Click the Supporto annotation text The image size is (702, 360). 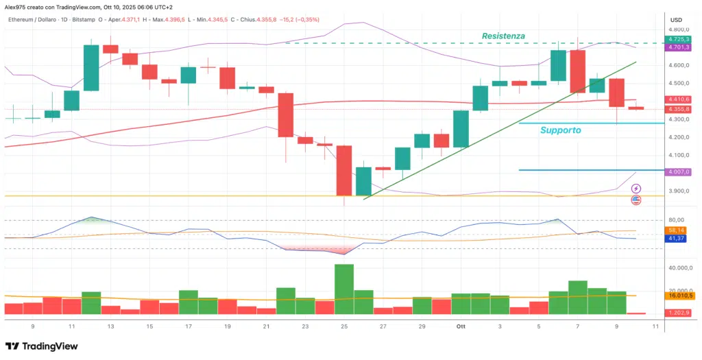(560, 130)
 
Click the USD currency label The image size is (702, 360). (676, 19)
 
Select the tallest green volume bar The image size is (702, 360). (344, 289)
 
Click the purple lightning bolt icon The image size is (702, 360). (636, 188)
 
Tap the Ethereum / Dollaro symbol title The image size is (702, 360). (38, 19)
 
